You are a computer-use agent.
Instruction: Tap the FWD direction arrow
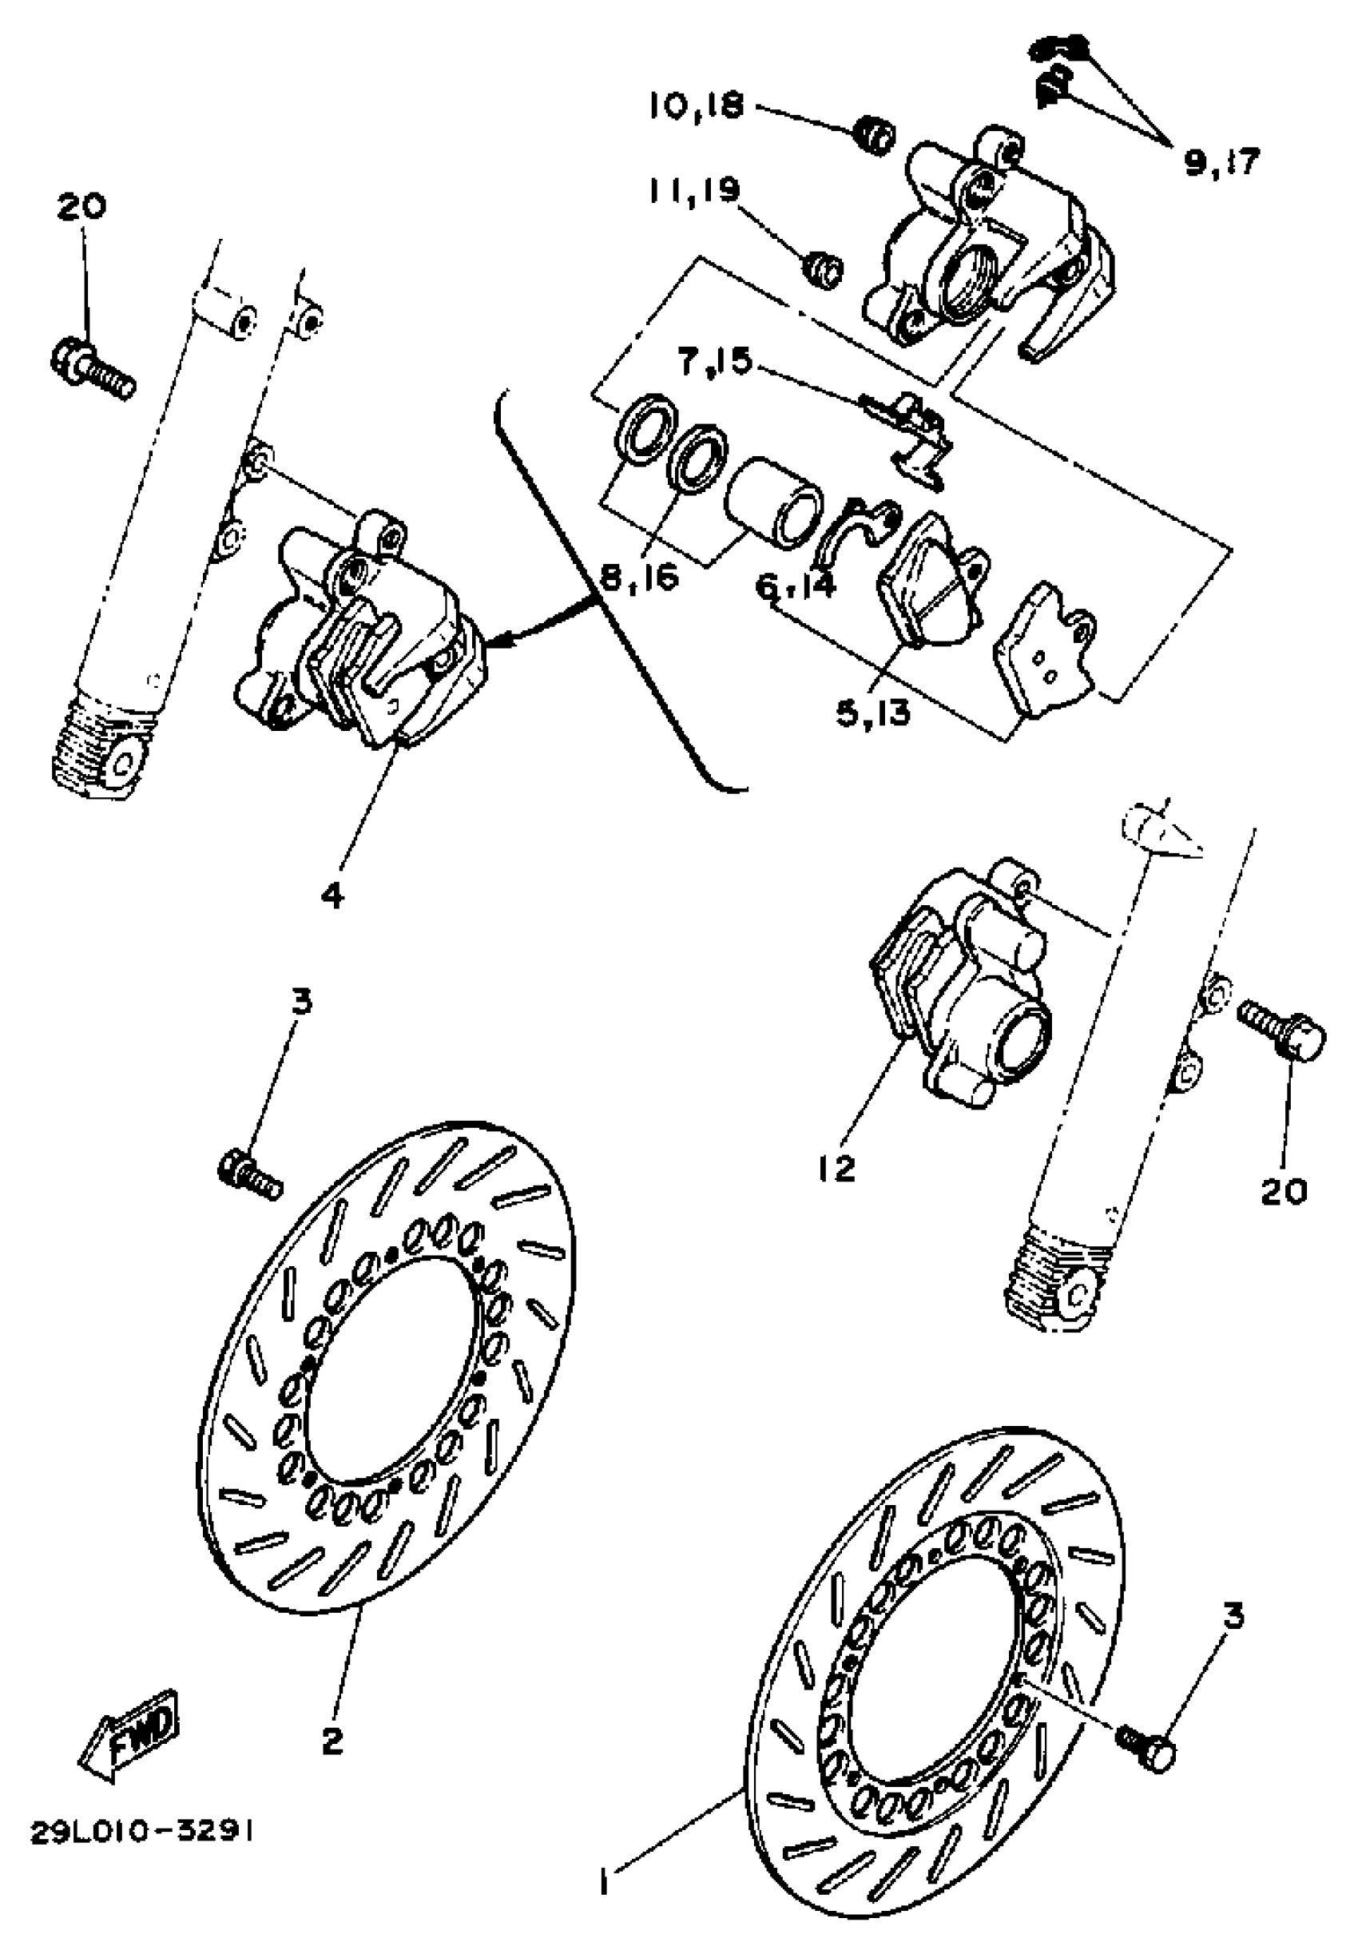coord(130,1728)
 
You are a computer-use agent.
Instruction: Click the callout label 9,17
coord(1222,161)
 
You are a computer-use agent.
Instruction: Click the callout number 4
coord(332,894)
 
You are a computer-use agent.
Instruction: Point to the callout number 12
coord(836,1169)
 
